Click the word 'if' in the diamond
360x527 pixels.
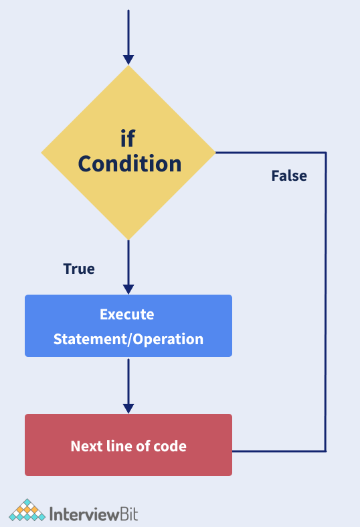coord(128,139)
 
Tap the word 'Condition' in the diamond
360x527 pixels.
coord(130,163)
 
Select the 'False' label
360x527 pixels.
coord(289,176)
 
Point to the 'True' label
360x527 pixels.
coord(79,269)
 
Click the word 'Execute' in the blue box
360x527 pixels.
coord(127,315)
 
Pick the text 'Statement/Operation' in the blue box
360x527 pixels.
coord(128,339)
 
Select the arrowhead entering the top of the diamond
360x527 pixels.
coord(128,60)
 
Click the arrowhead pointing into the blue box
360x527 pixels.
coord(128,289)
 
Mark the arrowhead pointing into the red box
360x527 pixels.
coord(128,408)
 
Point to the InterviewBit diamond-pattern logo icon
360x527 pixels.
coord(27,510)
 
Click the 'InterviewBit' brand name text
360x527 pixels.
coord(94,514)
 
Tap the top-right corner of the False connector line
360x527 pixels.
coord(326,153)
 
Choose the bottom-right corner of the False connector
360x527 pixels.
coord(325,451)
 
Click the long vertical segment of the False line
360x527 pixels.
coord(326,302)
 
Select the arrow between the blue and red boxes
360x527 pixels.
coord(128,386)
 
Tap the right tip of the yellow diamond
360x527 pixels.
coord(215,153)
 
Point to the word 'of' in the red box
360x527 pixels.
coord(143,447)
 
